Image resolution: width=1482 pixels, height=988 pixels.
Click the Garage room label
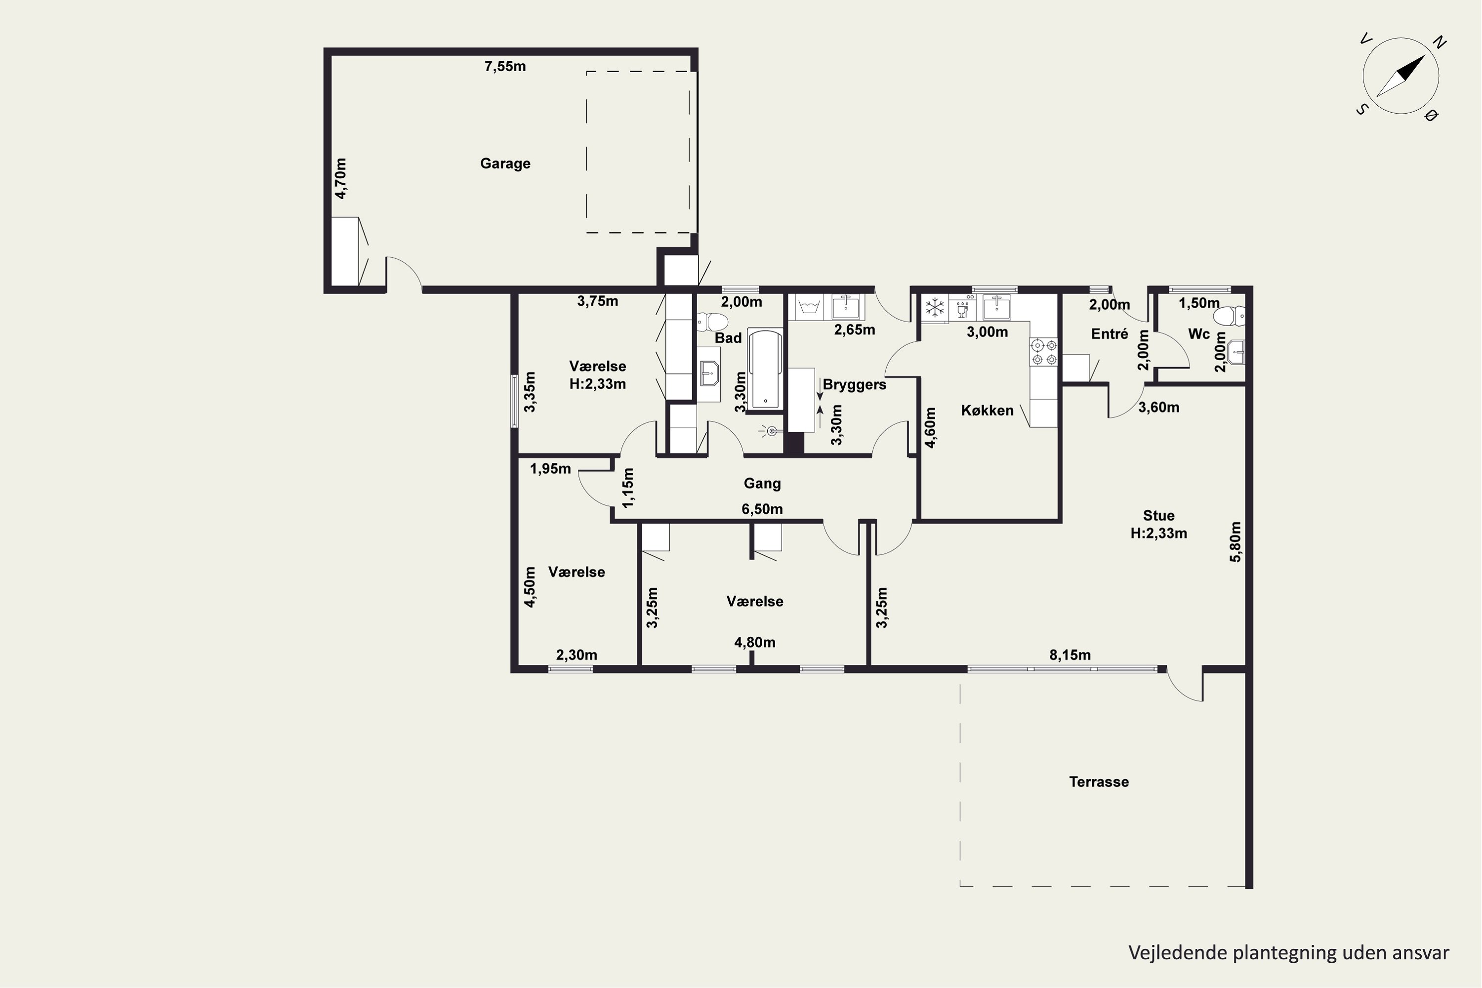coord(505,164)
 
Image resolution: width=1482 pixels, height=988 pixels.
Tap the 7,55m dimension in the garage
coord(505,67)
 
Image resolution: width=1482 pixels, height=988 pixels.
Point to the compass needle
coord(1400,76)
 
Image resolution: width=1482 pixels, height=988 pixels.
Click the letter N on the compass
coord(1439,43)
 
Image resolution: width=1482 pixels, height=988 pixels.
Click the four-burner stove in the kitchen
coord(1043,352)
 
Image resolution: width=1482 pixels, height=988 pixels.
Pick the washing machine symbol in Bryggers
coord(809,307)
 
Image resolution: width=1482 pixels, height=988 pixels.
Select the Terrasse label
coord(1099,782)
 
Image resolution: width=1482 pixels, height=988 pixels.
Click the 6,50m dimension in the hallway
coord(762,509)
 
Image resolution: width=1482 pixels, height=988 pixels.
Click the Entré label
coord(1110,334)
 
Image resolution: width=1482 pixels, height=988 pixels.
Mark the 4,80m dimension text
coord(754,643)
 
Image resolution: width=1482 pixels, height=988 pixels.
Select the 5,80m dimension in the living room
coord(1235,542)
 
